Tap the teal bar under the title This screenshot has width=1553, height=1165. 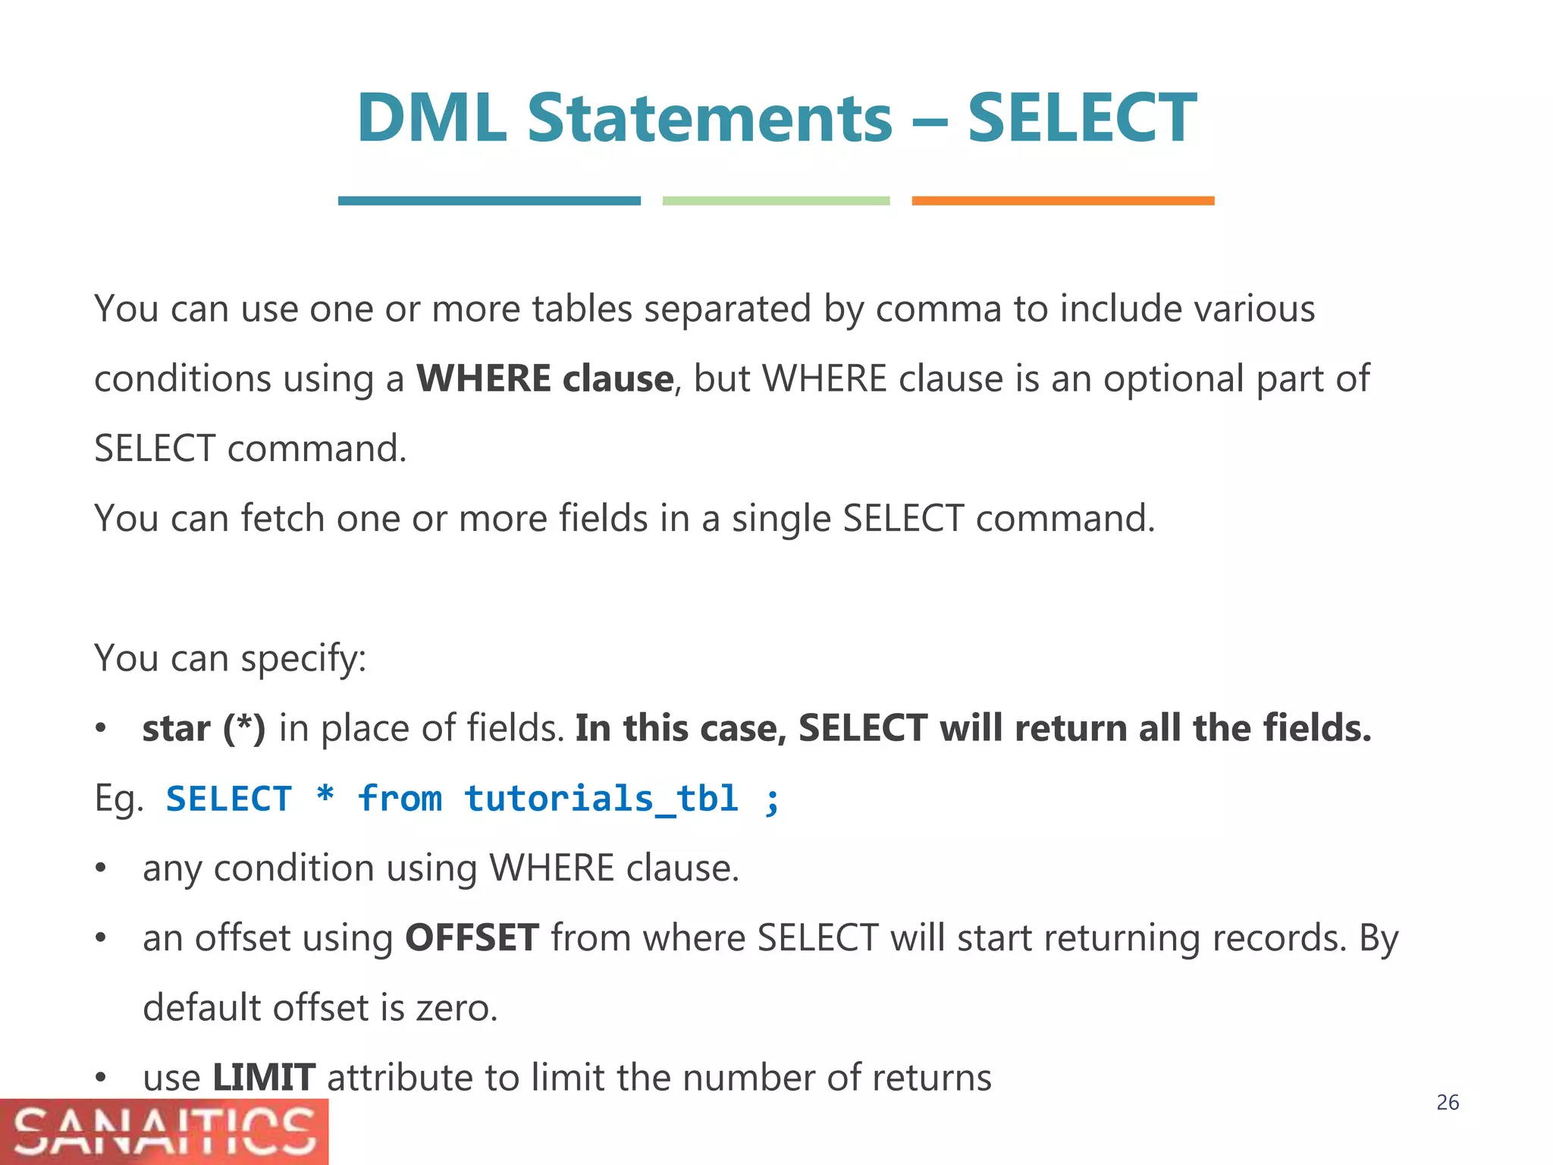(x=489, y=201)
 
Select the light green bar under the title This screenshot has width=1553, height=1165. (x=776, y=201)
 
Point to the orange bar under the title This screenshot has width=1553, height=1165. (x=1062, y=201)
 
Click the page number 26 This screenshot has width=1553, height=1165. (x=1447, y=1102)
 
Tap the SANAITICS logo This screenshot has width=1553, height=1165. (x=164, y=1132)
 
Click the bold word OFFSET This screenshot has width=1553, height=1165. (x=472, y=937)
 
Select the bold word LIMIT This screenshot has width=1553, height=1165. (x=263, y=1077)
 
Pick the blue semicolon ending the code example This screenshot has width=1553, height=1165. (x=772, y=799)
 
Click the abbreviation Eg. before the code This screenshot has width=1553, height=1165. (x=119, y=798)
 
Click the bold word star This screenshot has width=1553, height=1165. (x=176, y=728)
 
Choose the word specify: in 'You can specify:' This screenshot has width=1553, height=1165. (x=303, y=658)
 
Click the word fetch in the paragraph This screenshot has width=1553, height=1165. (x=282, y=518)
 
